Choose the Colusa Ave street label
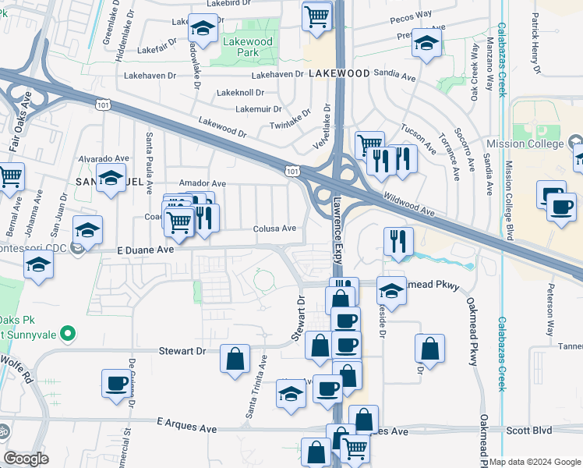275,229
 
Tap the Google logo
26,459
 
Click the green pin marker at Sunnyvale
67,335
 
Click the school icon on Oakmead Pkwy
391,291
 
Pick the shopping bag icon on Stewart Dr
235,359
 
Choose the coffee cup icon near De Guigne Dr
116,383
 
